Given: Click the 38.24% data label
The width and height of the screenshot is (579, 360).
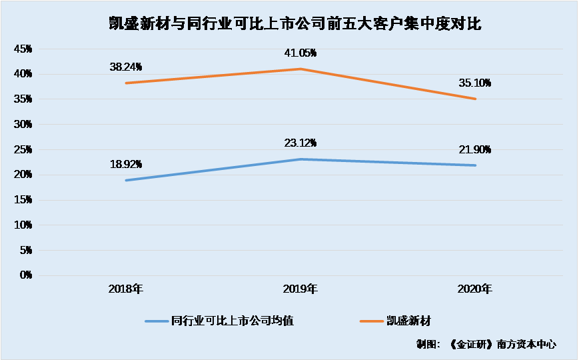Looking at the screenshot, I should pos(126,67).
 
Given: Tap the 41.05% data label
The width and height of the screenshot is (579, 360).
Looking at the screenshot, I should pos(300,53).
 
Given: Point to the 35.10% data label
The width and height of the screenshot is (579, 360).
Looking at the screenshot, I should pos(475,83).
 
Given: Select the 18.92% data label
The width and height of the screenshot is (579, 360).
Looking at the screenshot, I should pos(126,164).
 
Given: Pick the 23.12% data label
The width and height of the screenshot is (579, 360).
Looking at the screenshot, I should pos(300,143).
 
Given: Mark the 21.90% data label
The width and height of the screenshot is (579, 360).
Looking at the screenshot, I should pos(475,149).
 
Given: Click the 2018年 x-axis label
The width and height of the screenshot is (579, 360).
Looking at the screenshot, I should pos(126,289).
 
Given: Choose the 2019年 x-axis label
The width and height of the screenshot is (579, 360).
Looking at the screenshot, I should pos(300,289).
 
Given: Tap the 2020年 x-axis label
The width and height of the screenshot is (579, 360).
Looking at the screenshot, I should pos(475,289).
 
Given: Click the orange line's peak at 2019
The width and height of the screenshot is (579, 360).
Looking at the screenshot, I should pos(300,69).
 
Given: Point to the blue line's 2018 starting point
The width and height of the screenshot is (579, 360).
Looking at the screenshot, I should pos(126,180).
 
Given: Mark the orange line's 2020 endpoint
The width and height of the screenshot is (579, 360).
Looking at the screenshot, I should pos(475,99).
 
